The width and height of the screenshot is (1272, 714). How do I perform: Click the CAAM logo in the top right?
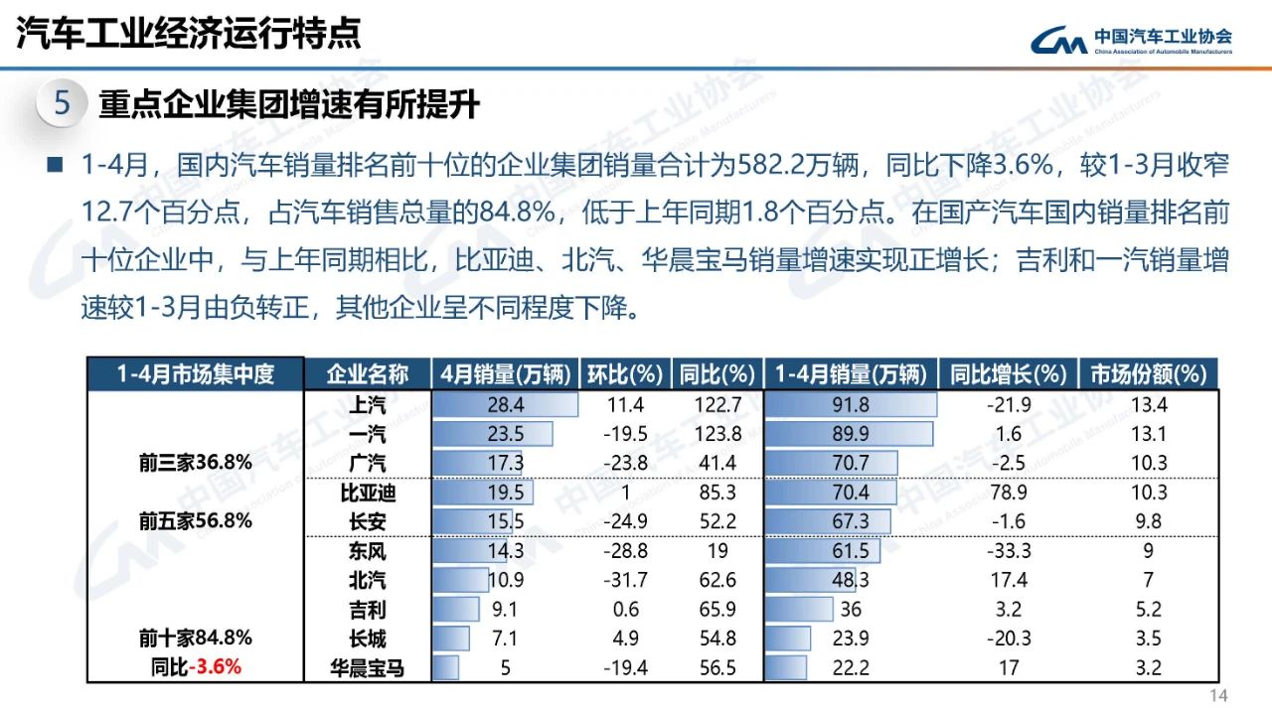[1132, 40]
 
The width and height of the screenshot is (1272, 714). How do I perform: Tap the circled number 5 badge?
[62, 104]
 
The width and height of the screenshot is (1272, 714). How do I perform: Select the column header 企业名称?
[367, 374]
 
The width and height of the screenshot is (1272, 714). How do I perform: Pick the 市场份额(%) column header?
[1148, 374]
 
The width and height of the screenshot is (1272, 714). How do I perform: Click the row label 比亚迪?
[367, 492]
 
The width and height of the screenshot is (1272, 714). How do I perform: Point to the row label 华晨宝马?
[367, 667]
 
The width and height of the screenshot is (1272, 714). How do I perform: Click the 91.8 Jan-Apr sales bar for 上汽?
[852, 404]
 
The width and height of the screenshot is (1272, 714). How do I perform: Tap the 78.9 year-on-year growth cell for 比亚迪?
[1008, 492]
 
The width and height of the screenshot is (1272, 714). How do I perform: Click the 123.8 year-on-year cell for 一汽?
[716, 433]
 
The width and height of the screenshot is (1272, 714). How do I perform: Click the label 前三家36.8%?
[195, 463]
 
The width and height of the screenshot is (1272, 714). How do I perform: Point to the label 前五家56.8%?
[195, 520]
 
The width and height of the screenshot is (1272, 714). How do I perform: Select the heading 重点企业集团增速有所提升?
[288, 104]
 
